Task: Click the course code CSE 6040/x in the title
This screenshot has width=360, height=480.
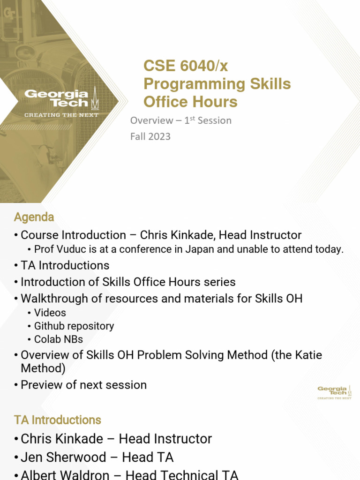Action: point(186,66)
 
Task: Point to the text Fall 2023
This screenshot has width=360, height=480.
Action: point(150,136)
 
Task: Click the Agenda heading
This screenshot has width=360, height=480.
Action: point(34,217)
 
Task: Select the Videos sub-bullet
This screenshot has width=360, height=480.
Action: point(50,313)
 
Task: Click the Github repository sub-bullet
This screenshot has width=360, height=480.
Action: point(74,326)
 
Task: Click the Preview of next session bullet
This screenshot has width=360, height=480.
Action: point(83,385)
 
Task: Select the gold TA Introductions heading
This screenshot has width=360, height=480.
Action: point(57,420)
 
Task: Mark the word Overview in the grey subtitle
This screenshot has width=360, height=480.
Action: point(151,120)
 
